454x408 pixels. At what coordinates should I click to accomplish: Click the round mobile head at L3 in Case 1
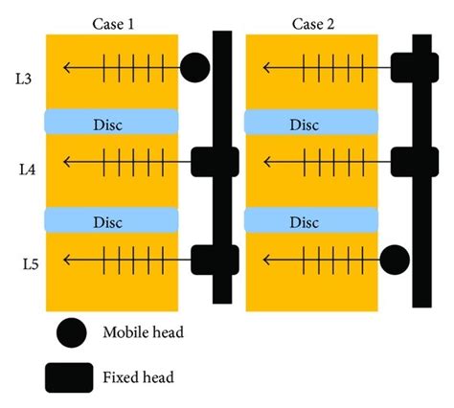pos(194,67)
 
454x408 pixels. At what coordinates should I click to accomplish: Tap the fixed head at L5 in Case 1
pos(212,260)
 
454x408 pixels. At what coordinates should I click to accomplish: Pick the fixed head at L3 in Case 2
pos(413,67)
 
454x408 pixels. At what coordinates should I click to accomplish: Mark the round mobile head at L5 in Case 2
pos(395,260)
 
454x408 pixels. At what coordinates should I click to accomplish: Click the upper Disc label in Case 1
pos(111,125)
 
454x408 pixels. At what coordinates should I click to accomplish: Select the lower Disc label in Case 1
pos(111,222)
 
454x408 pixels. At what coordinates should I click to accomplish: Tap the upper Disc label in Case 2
pos(304,125)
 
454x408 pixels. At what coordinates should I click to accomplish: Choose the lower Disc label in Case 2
pos(304,222)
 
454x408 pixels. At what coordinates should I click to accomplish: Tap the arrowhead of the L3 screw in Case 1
pos(64,67)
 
